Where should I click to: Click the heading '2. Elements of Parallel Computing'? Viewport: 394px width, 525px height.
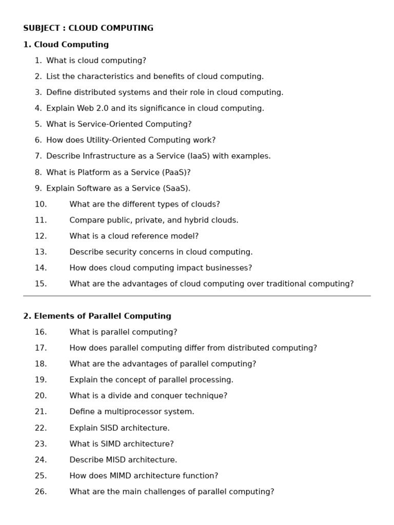(x=97, y=316)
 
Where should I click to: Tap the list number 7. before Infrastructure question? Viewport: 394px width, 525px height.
(x=38, y=156)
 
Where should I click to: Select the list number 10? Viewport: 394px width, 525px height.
(x=41, y=204)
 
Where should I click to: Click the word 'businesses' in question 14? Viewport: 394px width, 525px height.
(x=228, y=268)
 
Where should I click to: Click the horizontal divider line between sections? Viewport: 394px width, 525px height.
(x=197, y=296)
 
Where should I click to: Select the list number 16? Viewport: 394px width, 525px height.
(x=41, y=332)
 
